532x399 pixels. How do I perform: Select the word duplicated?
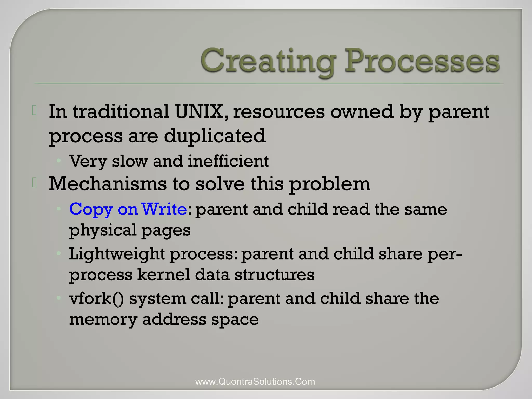[x=215, y=136]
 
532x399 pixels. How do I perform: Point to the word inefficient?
[x=228, y=161]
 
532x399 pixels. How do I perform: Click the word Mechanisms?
[x=108, y=184]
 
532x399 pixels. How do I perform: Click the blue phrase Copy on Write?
[x=128, y=209]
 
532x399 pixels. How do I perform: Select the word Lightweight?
[x=117, y=254]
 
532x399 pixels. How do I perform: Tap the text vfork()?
[x=96, y=298]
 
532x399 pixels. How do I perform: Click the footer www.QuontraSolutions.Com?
[x=255, y=382]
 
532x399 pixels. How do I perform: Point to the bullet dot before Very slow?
[x=59, y=161]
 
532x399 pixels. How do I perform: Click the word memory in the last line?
[x=103, y=320]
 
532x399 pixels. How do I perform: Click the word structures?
[x=274, y=275]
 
